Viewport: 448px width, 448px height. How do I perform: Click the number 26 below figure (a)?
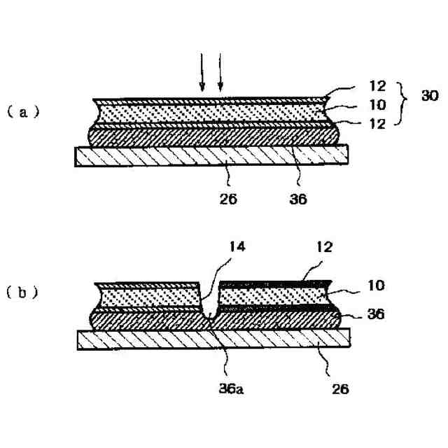(x=228, y=199)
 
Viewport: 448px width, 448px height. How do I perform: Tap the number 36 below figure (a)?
(x=299, y=199)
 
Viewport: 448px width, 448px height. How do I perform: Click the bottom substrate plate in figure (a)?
(x=210, y=157)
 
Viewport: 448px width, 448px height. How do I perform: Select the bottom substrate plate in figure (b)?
(x=210, y=339)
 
